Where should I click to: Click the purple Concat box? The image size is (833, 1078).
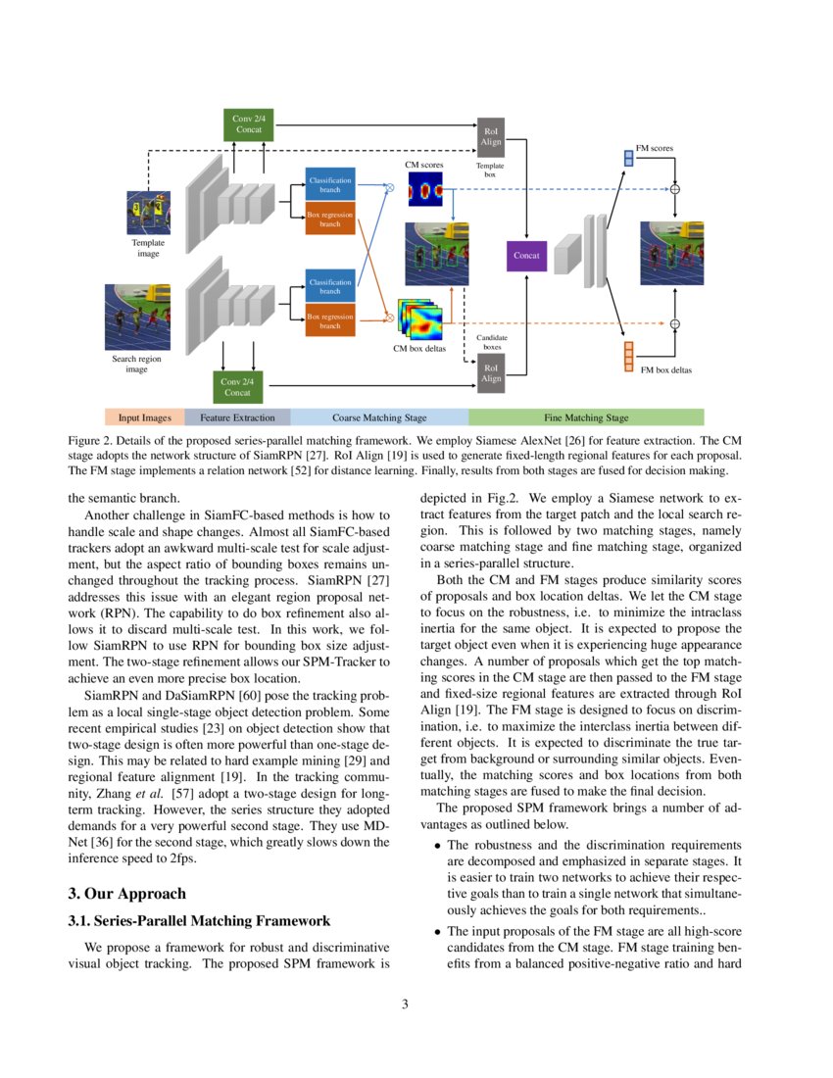tap(526, 256)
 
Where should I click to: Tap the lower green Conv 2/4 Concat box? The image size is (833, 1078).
tap(237, 386)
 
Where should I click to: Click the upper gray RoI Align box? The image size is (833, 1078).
tap(491, 136)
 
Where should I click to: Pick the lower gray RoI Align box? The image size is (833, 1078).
tap(491, 373)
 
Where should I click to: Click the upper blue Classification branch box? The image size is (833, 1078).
tap(329, 185)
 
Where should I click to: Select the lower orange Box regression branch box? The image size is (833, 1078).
tap(329, 320)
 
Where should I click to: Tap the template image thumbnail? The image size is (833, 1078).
tap(148, 212)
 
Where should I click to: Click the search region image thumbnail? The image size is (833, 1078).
tap(137, 317)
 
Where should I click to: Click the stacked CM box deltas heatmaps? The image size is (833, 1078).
tap(419, 319)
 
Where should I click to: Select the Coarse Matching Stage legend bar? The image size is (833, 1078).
tap(379, 417)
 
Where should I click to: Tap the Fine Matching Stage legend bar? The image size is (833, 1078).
tap(586, 417)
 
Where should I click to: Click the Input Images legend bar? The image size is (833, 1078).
tap(145, 417)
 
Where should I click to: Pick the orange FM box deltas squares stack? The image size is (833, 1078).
tap(628, 357)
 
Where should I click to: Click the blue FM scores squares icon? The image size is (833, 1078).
tap(628, 157)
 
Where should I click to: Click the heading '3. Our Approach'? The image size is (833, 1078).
tap(126, 894)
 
